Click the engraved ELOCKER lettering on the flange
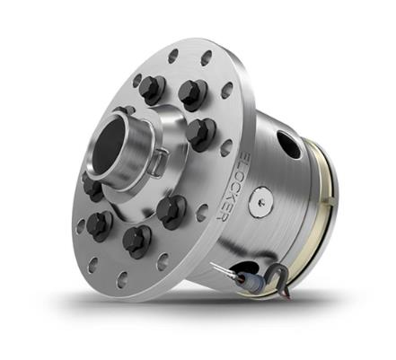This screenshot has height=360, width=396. pos(233,186)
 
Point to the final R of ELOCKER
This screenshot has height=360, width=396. pos(222,216)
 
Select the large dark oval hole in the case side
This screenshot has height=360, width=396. pos(288,145)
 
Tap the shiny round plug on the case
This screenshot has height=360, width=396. pos(261,202)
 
